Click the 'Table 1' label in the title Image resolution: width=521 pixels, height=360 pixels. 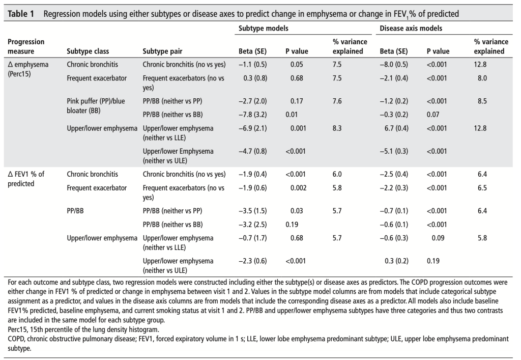[21, 14]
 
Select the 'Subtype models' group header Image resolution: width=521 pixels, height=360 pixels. [263, 29]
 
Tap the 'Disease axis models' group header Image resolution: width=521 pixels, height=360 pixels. [411, 29]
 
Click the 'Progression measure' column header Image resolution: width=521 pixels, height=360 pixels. [26, 46]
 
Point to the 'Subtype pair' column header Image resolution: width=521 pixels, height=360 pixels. [162, 51]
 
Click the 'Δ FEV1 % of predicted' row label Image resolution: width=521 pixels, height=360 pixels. [26, 179]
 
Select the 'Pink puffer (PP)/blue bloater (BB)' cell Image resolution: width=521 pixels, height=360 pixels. [95, 105]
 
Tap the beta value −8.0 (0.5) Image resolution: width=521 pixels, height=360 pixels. [394, 65]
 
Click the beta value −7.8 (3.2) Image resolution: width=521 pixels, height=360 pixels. [252, 115]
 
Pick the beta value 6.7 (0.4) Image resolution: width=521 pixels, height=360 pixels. [394, 128]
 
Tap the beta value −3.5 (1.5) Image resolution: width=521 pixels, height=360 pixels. [252, 211]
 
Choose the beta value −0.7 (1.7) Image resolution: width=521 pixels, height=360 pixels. [252, 238]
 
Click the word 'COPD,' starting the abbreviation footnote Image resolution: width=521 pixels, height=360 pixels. [19, 339]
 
